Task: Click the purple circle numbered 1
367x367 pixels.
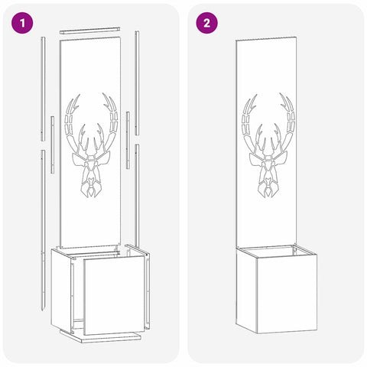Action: click(22, 23)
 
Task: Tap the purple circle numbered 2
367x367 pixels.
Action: click(206, 23)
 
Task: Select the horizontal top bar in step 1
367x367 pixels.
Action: click(89, 30)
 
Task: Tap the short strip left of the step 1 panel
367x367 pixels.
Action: click(52, 145)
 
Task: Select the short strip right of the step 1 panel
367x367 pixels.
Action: click(128, 140)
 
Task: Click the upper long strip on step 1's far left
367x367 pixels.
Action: click(43, 89)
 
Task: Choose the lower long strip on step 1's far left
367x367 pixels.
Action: click(44, 230)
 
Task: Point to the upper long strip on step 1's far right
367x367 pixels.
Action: click(137, 83)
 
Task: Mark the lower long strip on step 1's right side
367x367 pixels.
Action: click(137, 196)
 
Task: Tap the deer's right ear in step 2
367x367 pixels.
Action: click(281, 158)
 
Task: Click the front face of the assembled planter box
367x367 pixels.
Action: click(287, 295)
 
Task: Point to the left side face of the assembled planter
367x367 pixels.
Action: click(246, 290)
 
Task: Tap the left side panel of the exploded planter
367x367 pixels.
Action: click(61, 290)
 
